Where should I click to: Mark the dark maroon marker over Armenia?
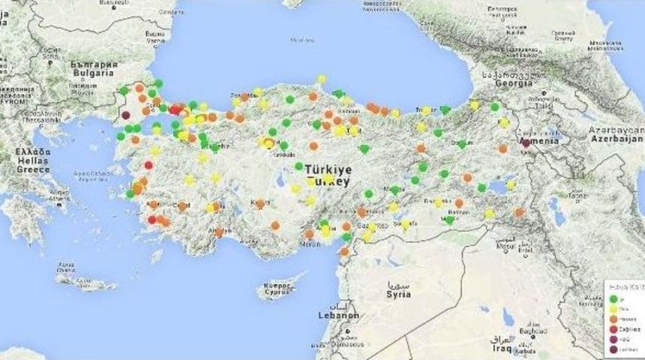(x=526, y=142)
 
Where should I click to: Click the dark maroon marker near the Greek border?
(x=126, y=115)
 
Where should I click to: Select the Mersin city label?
(x=310, y=242)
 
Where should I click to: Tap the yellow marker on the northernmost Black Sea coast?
(x=321, y=79)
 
